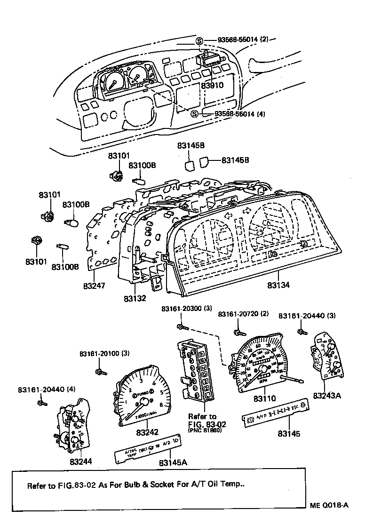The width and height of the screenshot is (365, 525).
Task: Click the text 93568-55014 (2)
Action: click(x=243, y=40)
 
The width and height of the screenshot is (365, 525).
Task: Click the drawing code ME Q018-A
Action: click(x=329, y=505)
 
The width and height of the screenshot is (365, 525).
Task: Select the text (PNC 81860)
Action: click(x=205, y=430)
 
